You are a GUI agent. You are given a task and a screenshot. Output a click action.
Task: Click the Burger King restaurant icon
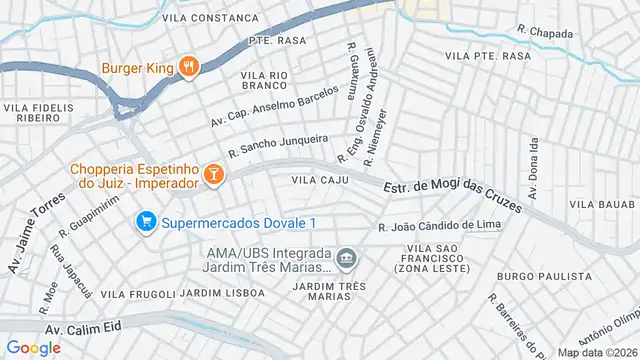pos(189,68)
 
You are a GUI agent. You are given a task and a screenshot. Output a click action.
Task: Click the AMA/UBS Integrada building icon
pos(346,259)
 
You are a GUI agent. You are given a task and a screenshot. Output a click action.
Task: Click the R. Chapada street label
pos(546,33)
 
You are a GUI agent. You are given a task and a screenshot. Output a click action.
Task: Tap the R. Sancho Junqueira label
pos(278,145)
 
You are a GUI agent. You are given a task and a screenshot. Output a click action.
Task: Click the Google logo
pos(33,347)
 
